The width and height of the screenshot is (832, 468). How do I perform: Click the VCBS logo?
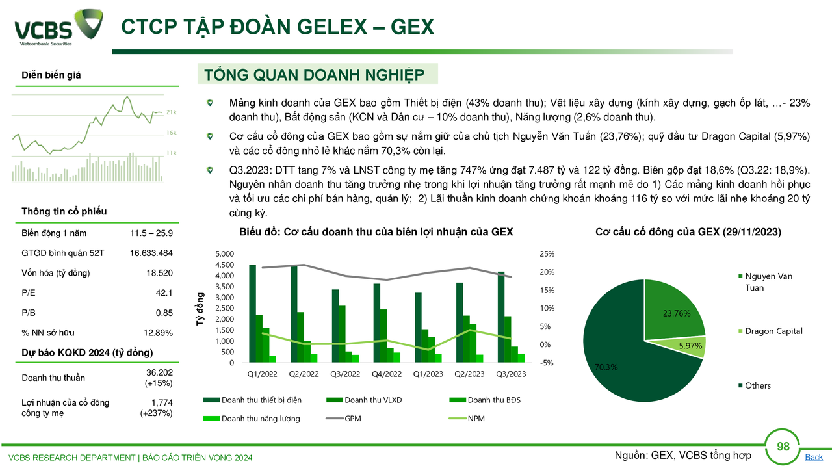58,27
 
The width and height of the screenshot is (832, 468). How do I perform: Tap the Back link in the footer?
814,457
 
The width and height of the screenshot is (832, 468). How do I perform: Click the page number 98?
783,446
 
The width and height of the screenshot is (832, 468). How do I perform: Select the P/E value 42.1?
164,293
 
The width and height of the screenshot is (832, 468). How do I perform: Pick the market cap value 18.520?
160,273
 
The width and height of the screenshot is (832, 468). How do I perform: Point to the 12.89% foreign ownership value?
158,333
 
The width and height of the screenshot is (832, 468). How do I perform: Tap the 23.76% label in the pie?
677,313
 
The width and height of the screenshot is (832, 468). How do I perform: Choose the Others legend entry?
755,385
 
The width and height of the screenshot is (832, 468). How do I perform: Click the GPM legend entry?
344,419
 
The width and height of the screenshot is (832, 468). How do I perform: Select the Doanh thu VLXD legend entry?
365,400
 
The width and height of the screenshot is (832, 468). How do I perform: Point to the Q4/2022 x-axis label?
387,374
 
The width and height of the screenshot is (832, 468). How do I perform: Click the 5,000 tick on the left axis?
225,254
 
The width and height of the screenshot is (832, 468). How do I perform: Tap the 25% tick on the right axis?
547,254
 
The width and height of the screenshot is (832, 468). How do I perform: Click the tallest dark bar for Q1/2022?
253,313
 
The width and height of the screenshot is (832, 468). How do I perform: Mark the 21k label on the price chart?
171,112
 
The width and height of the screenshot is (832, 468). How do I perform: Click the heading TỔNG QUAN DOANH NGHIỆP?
314,75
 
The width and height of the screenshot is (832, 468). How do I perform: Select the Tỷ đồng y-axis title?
200,309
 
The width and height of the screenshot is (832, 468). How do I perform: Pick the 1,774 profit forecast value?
162,402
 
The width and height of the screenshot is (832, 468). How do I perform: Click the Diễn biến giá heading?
51,75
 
